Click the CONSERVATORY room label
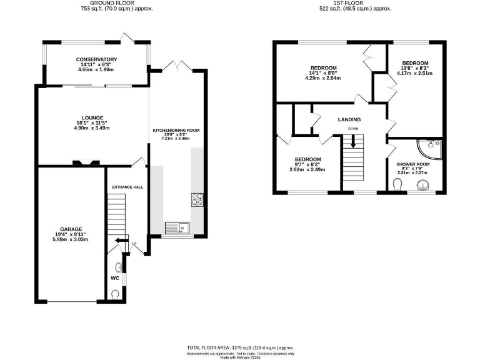[96, 59]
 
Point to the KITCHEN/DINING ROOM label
[176, 130]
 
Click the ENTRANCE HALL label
[127, 187]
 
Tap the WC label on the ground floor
[114, 277]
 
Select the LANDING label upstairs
[349, 119]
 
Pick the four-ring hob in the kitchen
[197, 199]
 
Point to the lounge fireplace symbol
[85, 164]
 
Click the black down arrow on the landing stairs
[353, 142]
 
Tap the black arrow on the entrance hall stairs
[121, 241]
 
